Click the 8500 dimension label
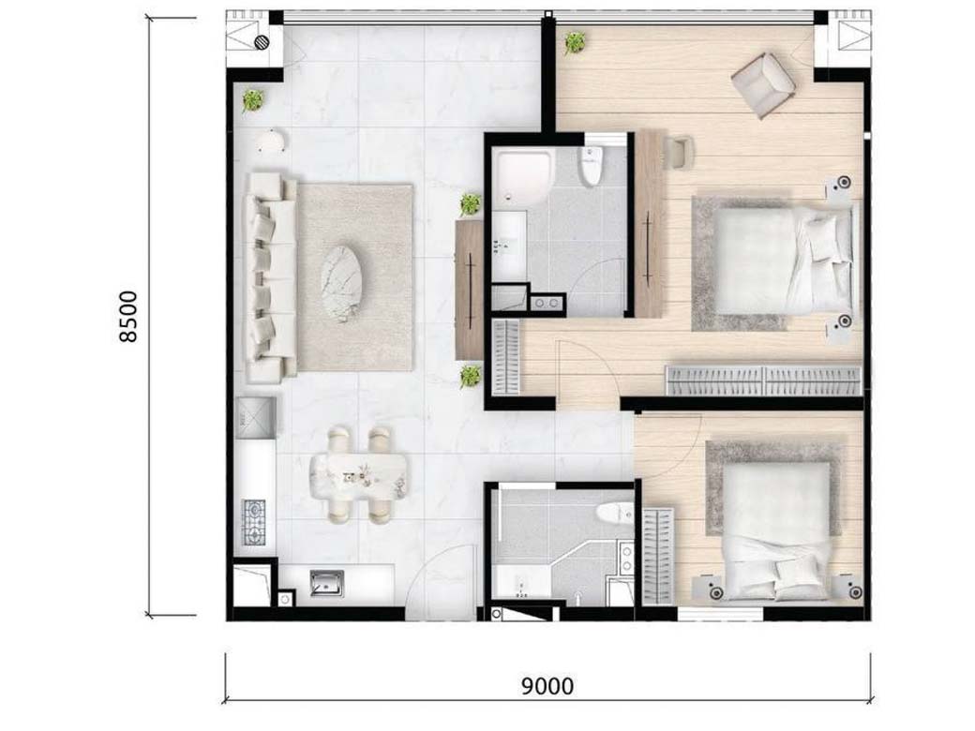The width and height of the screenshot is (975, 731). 128,316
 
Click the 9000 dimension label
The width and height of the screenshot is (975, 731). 547,686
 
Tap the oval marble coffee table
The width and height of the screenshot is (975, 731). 342,284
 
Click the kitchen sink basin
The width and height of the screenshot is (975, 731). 326,583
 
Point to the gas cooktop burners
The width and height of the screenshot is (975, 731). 254,523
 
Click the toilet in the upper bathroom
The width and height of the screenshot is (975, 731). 590,165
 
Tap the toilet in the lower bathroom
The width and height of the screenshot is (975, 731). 614,514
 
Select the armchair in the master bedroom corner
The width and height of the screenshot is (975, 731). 763,84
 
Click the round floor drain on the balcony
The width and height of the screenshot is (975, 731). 262,41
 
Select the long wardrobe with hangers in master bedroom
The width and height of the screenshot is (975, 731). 763,380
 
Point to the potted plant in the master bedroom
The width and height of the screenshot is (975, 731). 575,42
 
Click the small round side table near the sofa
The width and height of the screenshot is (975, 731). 271,142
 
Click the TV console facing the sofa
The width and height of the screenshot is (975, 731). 470,290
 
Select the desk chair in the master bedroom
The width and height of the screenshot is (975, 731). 679,152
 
